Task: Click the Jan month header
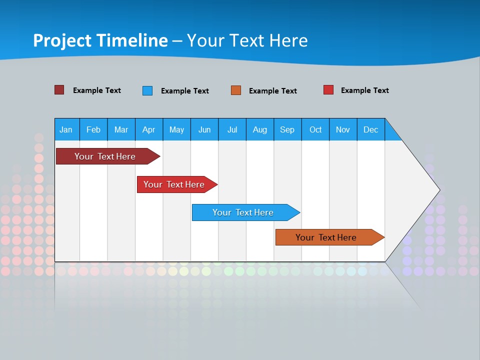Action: coord(66,129)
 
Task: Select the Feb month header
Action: coord(93,129)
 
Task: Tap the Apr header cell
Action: coord(149,129)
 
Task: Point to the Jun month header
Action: coord(204,129)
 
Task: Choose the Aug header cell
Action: coord(260,129)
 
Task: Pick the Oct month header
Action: coord(315,129)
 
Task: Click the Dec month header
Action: coord(371,129)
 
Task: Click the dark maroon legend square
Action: coord(59,90)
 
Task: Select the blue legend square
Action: coord(147,90)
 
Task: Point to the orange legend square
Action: coord(236,90)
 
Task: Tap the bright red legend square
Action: coord(328,90)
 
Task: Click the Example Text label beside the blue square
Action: coord(185,91)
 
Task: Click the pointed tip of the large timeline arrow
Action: coord(438,189)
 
